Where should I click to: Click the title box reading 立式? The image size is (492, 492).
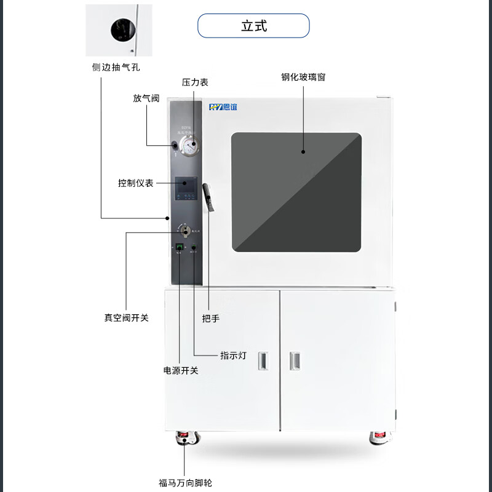tap(253, 26)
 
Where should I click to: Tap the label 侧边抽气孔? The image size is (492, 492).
tap(111, 67)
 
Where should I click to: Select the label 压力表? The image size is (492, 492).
tap(194, 82)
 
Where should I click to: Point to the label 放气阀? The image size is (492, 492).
tap(146, 98)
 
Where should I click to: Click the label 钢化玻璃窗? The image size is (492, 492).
tap(303, 77)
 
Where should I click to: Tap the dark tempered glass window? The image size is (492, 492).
tap(296, 192)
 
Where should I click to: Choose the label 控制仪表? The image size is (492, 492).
tap(136, 183)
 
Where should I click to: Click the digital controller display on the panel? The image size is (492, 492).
tap(186, 188)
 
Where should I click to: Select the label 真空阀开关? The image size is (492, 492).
tap(126, 318)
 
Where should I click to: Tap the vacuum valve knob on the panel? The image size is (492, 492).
tap(184, 230)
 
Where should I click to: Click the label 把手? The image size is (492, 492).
tap(211, 319)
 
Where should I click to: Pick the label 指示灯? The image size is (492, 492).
tap(233, 355)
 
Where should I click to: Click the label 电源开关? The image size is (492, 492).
tap(181, 371)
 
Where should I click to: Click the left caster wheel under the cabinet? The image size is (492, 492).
tap(184, 438)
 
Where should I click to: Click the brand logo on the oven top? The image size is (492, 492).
tap(223, 107)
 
